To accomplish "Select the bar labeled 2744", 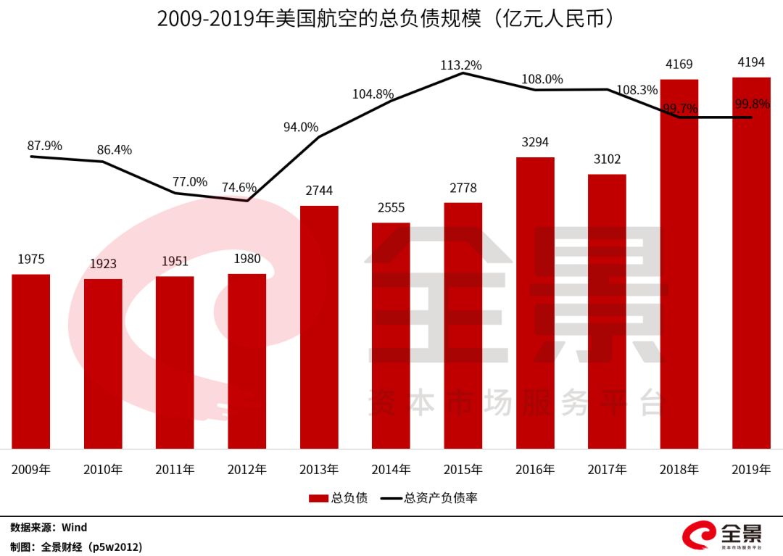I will click(x=319, y=327).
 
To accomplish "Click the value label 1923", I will click(x=103, y=264).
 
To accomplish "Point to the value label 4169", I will click(x=679, y=65).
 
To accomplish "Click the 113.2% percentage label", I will click(x=461, y=65).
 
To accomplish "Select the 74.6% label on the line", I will click(x=239, y=188).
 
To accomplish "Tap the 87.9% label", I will click(x=45, y=146).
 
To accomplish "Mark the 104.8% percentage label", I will click(x=373, y=94).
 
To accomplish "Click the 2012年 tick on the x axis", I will click(x=247, y=470).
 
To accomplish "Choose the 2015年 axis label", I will click(x=463, y=470).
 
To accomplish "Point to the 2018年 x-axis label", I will click(x=679, y=470).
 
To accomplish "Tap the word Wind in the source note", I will click(x=74, y=528).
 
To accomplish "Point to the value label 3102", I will click(x=607, y=159).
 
